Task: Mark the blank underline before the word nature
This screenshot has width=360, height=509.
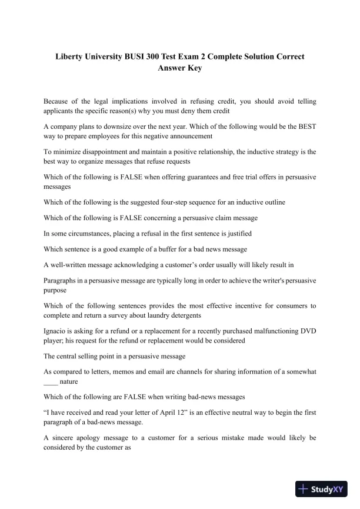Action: click(x=51, y=381)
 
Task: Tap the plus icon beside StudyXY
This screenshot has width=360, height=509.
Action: click(x=304, y=488)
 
